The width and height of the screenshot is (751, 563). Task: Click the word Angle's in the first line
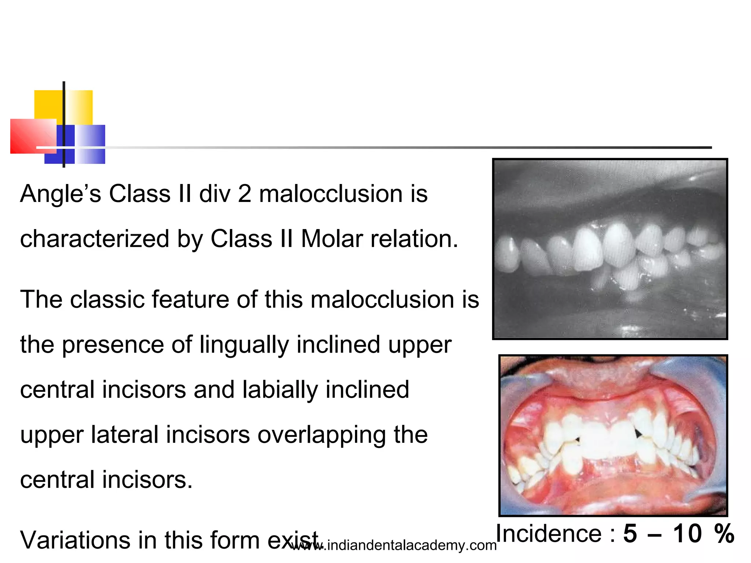(x=61, y=194)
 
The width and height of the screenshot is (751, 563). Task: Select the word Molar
(x=332, y=239)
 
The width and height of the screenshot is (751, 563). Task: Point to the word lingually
(x=244, y=345)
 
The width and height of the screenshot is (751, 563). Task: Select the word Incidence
(x=549, y=534)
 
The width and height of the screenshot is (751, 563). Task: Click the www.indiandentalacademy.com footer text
(x=394, y=546)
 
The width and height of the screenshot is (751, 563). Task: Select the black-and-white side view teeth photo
(x=609, y=249)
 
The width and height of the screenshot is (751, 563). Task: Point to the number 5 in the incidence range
(x=630, y=534)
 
